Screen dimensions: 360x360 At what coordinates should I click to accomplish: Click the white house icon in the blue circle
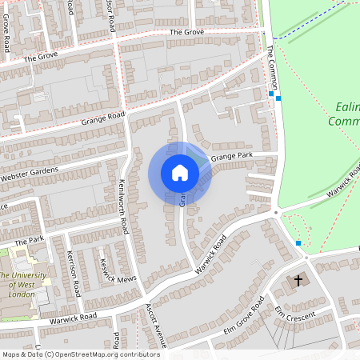[x=180, y=173]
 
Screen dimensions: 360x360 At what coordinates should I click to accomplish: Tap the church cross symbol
[x=299, y=280]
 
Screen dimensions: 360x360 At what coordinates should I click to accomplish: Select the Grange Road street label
[x=103, y=119]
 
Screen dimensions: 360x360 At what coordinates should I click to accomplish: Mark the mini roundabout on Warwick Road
[x=276, y=212]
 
